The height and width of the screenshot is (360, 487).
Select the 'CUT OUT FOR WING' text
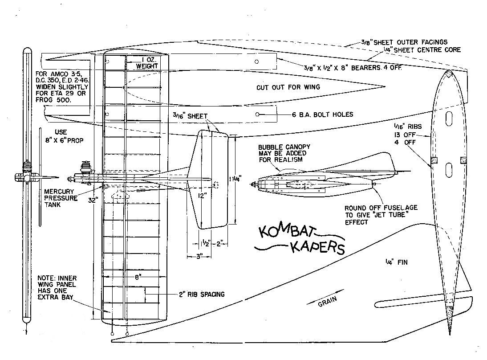pos(288,87)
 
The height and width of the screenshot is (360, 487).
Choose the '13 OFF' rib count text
pos(402,135)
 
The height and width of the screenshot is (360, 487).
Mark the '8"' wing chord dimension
pos(139,277)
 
